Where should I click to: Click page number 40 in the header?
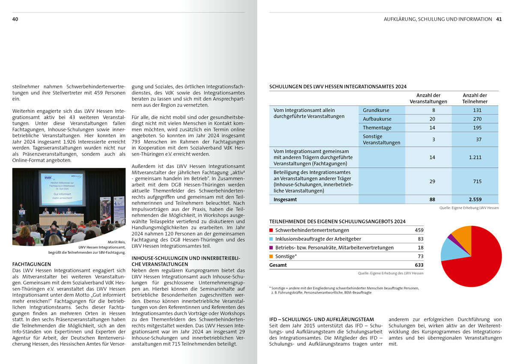tap(15, 19)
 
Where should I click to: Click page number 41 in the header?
tap(499, 19)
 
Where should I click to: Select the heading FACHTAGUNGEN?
tap(32, 265)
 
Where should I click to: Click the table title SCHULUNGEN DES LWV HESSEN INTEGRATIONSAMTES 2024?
tap(338, 87)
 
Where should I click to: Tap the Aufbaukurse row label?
tap(377, 119)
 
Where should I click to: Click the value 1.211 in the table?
tap(475, 157)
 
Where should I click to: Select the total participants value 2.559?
tap(475, 199)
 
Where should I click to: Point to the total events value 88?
tap(432, 199)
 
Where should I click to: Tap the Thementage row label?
tap(377, 127)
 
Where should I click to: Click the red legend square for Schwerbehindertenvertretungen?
tap(271, 230)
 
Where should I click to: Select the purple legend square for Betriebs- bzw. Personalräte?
tap(271, 248)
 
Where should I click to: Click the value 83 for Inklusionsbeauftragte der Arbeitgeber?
tap(420, 239)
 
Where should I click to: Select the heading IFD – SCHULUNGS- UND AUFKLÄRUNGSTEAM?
tap(322, 319)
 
